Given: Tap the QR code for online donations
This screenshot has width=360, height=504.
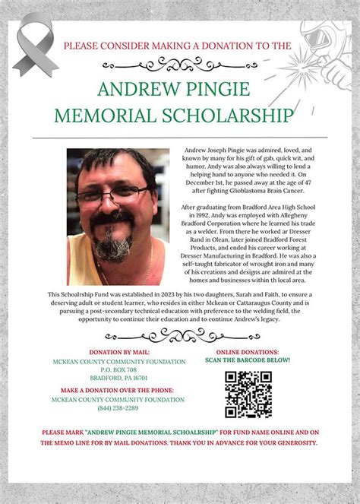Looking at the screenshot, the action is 248,394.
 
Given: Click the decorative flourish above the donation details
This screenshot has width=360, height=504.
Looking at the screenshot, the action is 180,334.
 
